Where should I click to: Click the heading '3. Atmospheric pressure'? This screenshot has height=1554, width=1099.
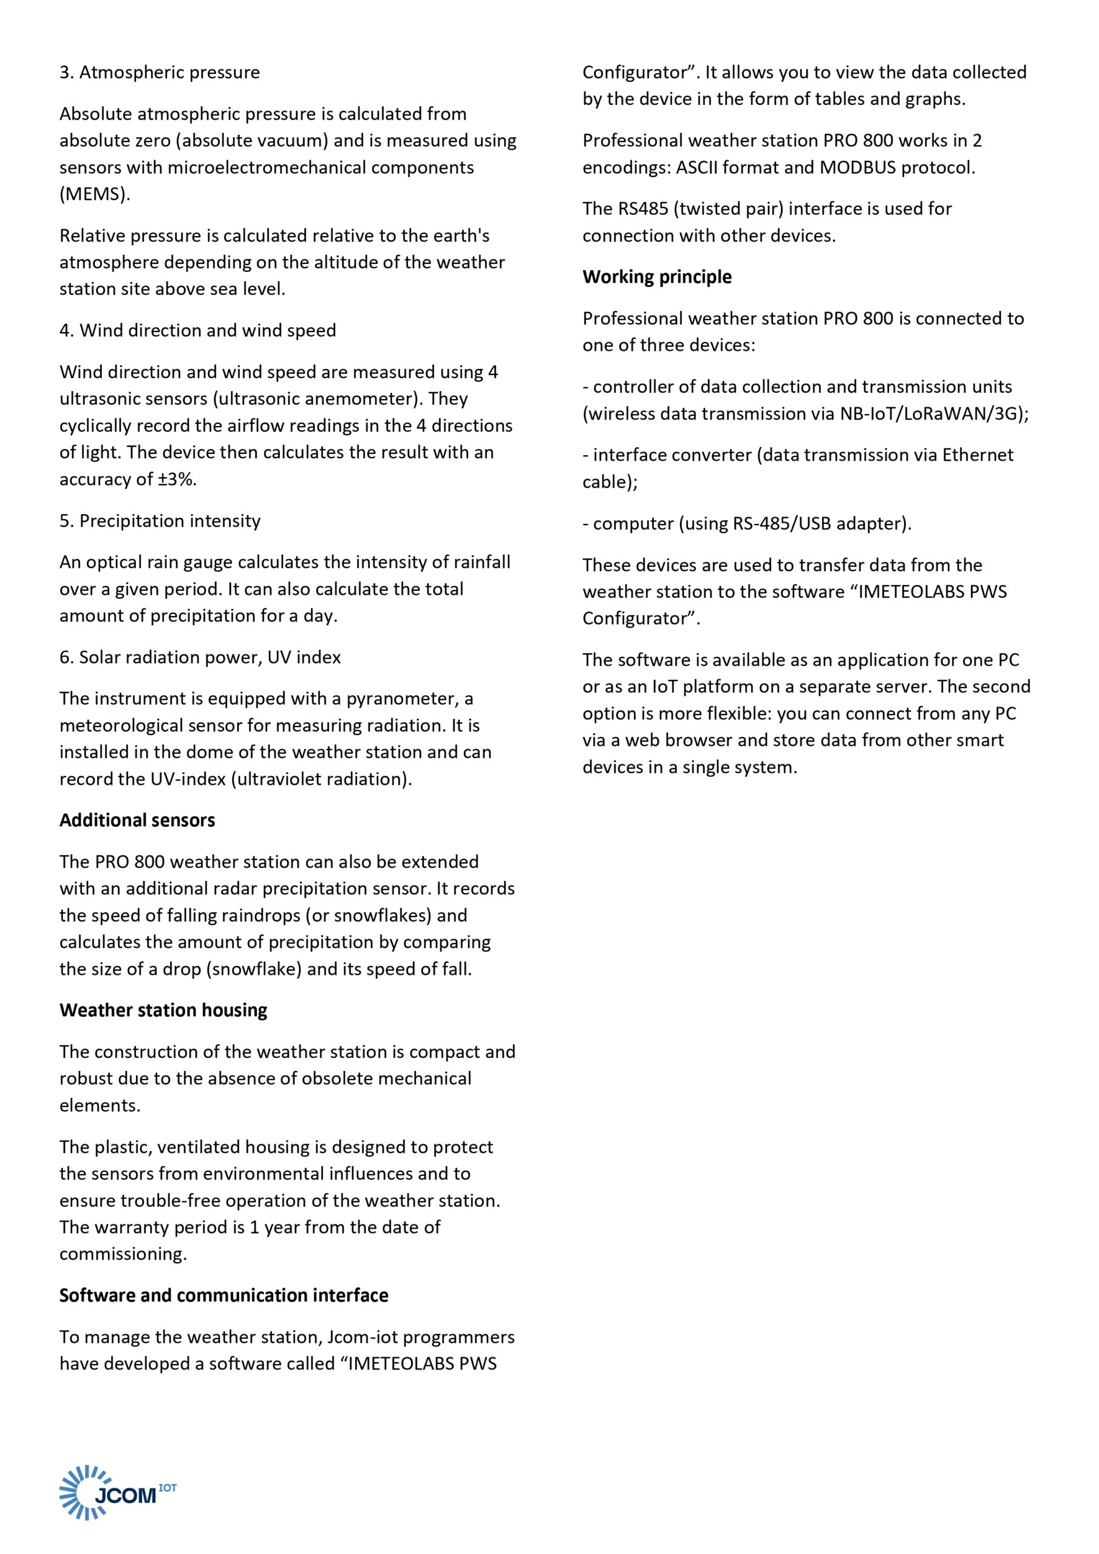159,72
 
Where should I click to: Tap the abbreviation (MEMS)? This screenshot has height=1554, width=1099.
95,194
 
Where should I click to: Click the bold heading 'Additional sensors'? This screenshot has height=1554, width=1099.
137,820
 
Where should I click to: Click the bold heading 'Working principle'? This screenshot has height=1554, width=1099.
657,277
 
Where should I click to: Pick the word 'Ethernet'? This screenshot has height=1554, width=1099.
977,455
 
